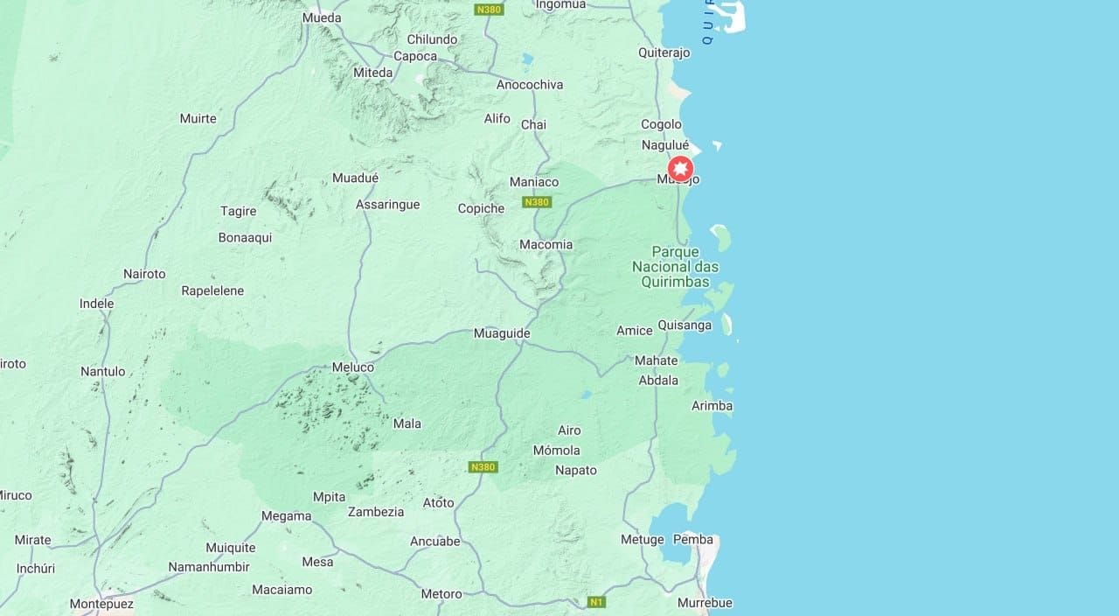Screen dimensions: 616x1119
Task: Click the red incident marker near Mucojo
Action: [680, 168]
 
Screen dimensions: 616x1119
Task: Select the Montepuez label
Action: [101, 604]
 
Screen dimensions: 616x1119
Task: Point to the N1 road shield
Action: [596, 602]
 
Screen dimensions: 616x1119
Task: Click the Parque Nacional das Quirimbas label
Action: [676, 267]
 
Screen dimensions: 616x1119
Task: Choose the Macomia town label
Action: [546, 244]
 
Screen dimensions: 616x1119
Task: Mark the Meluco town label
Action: [353, 367]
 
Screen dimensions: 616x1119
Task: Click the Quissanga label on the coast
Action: [685, 325]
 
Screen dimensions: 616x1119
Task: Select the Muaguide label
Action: [502, 333]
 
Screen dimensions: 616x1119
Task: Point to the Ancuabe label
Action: [435, 541]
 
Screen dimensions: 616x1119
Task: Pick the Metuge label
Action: [643, 539]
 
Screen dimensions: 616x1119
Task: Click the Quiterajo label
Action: [664, 52]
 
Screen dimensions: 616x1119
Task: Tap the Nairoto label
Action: [144, 274]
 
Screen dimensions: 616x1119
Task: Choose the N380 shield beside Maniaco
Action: [536, 202]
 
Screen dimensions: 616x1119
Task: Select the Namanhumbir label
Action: [210, 567]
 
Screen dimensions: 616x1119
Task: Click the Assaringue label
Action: [387, 204]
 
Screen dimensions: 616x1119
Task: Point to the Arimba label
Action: [712, 406]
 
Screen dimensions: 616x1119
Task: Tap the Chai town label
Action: [533, 124]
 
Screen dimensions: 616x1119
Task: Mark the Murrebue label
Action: [705, 602]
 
